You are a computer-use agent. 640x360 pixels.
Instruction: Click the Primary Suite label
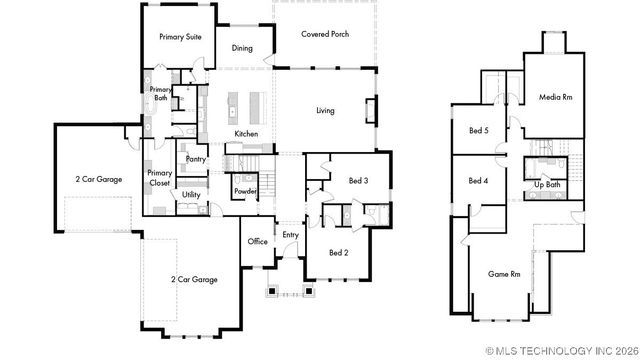pyautogui.click(x=180, y=36)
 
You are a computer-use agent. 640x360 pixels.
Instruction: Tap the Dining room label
pyautogui.click(x=242, y=47)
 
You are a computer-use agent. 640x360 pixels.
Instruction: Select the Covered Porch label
pyautogui.click(x=324, y=33)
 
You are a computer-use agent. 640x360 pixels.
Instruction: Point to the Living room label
pyautogui.click(x=325, y=110)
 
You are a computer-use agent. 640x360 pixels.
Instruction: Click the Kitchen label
pyautogui.click(x=246, y=134)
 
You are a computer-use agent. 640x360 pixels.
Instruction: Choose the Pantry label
pyautogui.click(x=196, y=159)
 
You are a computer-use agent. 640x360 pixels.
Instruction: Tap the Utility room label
pyautogui.click(x=191, y=195)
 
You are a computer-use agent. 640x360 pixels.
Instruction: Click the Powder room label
pyautogui.click(x=246, y=191)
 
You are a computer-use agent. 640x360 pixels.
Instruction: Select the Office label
pyautogui.click(x=258, y=241)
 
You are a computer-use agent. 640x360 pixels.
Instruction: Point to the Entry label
pyautogui.click(x=290, y=235)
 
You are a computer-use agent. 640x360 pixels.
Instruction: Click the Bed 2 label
pyautogui.click(x=338, y=252)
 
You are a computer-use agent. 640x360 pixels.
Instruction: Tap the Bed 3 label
pyautogui.click(x=358, y=180)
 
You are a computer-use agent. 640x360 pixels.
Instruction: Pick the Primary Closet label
pyautogui.click(x=160, y=178)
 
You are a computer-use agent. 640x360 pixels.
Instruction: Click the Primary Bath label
pyautogui.click(x=160, y=94)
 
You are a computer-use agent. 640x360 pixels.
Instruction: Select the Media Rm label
pyautogui.click(x=556, y=97)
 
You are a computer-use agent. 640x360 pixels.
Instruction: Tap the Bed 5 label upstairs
pyautogui.click(x=479, y=130)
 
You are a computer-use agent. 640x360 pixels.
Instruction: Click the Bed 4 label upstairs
pyautogui.click(x=478, y=181)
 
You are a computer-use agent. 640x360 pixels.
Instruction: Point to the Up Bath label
pyautogui.click(x=546, y=185)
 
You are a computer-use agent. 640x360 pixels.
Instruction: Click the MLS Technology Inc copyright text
pyautogui.click(x=561, y=351)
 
